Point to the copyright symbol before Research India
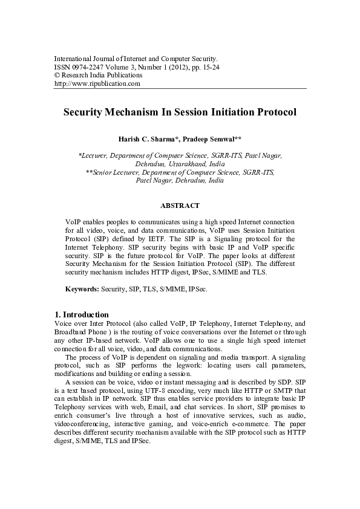57,76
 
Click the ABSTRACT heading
180,206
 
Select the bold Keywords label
82,290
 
